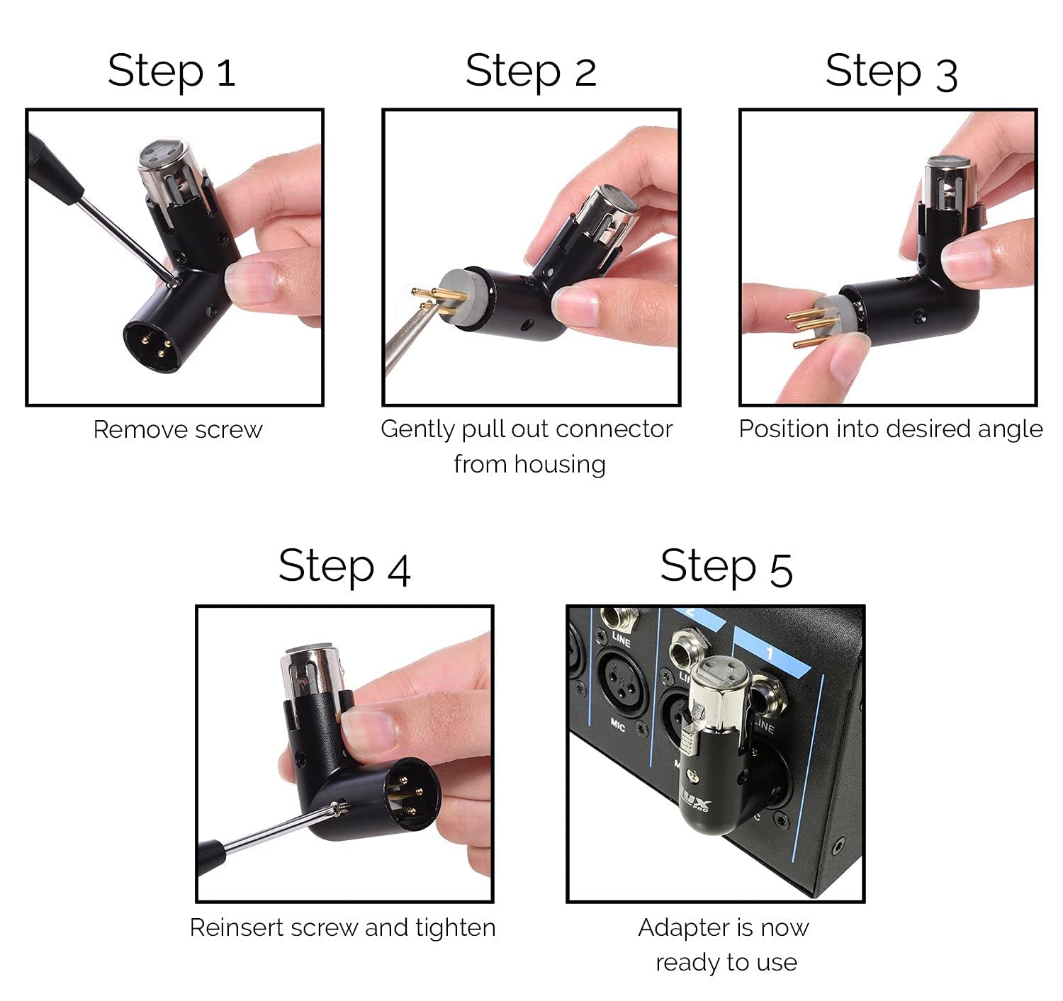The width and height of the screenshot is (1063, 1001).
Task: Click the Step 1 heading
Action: [171, 72]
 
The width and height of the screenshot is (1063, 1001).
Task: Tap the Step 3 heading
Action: [891, 72]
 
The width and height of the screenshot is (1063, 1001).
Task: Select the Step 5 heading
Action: [726, 566]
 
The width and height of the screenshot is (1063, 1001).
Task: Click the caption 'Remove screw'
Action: [178, 429]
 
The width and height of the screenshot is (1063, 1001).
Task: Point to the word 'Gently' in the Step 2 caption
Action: [417, 429]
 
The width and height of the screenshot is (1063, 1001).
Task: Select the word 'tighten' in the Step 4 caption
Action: [455, 927]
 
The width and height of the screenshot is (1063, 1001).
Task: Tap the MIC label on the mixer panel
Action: [619, 724]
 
